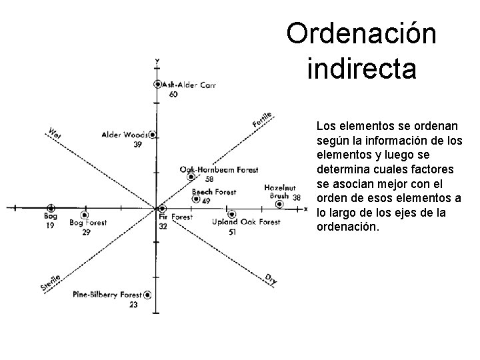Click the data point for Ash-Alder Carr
coord(157,85)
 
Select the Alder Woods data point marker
coord(153,135)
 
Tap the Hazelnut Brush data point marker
coord(279,204)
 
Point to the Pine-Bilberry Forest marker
coord(147,295)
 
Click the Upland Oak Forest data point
coord(231,215)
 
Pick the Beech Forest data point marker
coord(195,199)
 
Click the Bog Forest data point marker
coord(84,215)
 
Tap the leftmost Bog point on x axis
coord(51,209)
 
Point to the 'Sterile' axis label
coord(51,282)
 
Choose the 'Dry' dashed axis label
coord(271,279)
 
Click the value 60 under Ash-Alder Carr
coord(173,95)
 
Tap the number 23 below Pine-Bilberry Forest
coord(133,304)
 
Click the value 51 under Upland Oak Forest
coord(232,232)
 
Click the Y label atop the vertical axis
coord(157,61)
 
